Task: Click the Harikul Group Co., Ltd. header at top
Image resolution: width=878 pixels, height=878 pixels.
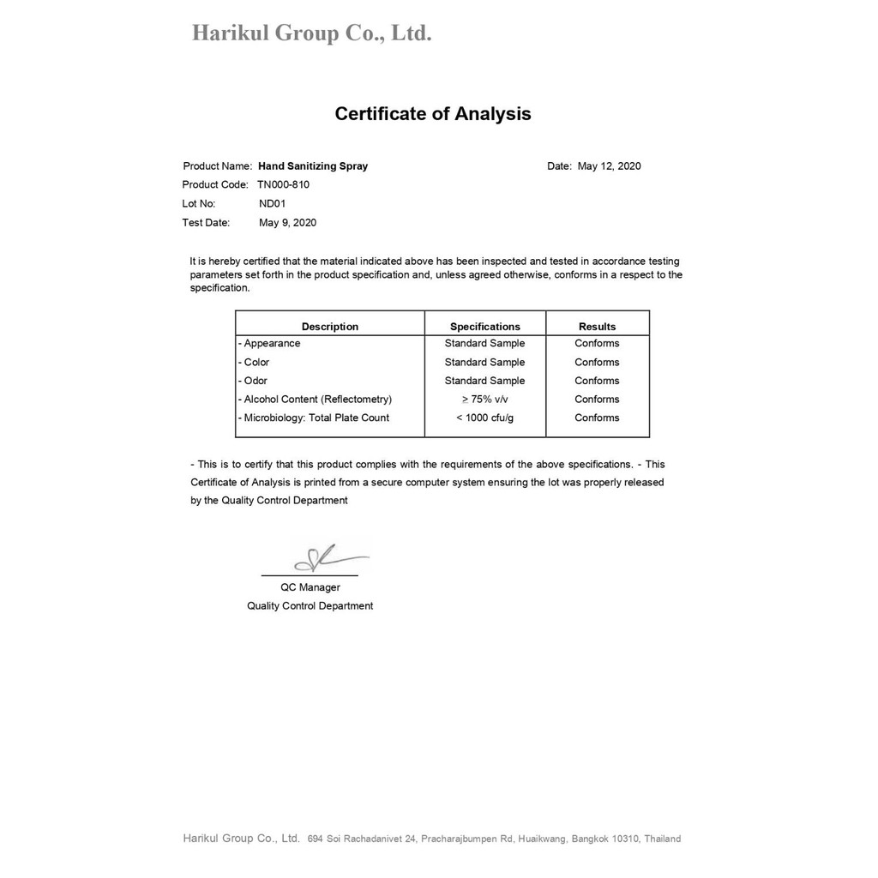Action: pyautogui.click(x=311, y=34)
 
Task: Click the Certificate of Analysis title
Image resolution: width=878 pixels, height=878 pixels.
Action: pyautogui.click(x=432, y=114)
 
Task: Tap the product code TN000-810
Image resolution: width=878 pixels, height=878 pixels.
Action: pyautogui.click(x=283, y=185)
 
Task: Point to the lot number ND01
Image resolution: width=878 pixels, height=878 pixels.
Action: pyautogui.click(x=272, y=204)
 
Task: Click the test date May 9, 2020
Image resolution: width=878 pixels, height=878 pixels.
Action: pyautogui.click(x=287, y=223)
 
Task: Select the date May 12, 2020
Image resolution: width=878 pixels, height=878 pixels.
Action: pyautogui.click(x=609, y=166)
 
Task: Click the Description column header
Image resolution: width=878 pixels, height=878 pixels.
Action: pyautogui.click(x=330, y=327)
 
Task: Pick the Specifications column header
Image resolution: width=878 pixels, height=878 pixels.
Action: pyautogui.click(x=485, y=327)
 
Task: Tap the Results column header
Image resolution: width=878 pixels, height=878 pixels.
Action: pyautogui.click(x=598, y=327)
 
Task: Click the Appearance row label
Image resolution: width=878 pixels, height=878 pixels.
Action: pyautogui.click(x=271, y=344)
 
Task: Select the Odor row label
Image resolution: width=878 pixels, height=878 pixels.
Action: pyautogui.click(x=255, y=381)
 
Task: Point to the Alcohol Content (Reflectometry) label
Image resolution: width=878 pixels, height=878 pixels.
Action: pyautogui.click(x=316, y=400)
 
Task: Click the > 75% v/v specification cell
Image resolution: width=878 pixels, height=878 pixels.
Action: pyautogui.click(x=485, y=400)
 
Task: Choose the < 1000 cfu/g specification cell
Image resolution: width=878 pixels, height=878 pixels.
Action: pyautogui.click(x=485, y=418)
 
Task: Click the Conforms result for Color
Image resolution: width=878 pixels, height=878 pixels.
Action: pyautogui.click(x=598, y=363)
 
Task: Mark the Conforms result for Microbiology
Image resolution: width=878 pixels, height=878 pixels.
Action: pyautogui.click(x=598, y=418)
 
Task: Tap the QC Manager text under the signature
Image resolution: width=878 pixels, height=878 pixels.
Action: pyautogui.click(x=310, y=588)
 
